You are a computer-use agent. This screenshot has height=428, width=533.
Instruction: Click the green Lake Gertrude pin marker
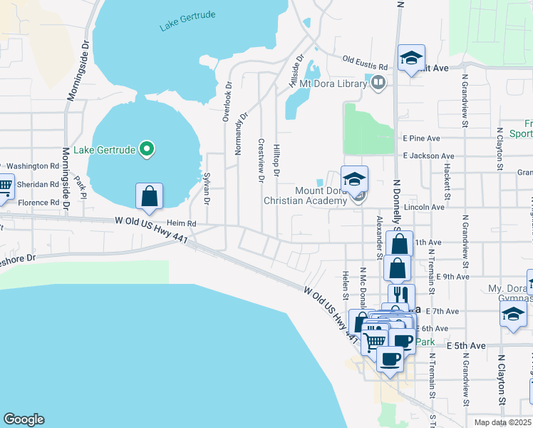coord(147,149)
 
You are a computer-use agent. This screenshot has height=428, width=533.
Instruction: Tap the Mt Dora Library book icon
coord(378,83)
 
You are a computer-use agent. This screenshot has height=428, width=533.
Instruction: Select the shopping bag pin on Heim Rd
coord(149,196)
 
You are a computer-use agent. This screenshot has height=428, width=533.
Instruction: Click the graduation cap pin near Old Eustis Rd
coord(411,58)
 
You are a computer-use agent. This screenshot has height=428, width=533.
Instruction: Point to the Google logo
coord(23,419)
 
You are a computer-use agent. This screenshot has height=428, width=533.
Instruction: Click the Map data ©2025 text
coord(503,422)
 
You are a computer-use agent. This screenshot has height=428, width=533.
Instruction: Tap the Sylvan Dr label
coord(207,188)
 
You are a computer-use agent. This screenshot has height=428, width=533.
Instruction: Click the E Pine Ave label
coord(422,138)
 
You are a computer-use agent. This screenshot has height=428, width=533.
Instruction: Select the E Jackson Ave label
coord(428,156)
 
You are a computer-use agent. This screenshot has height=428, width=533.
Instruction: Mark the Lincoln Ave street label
coord(424,207)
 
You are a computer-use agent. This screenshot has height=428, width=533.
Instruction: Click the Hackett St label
coord(447,183)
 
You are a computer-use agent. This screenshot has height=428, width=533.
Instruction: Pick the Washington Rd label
coord(33,165)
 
